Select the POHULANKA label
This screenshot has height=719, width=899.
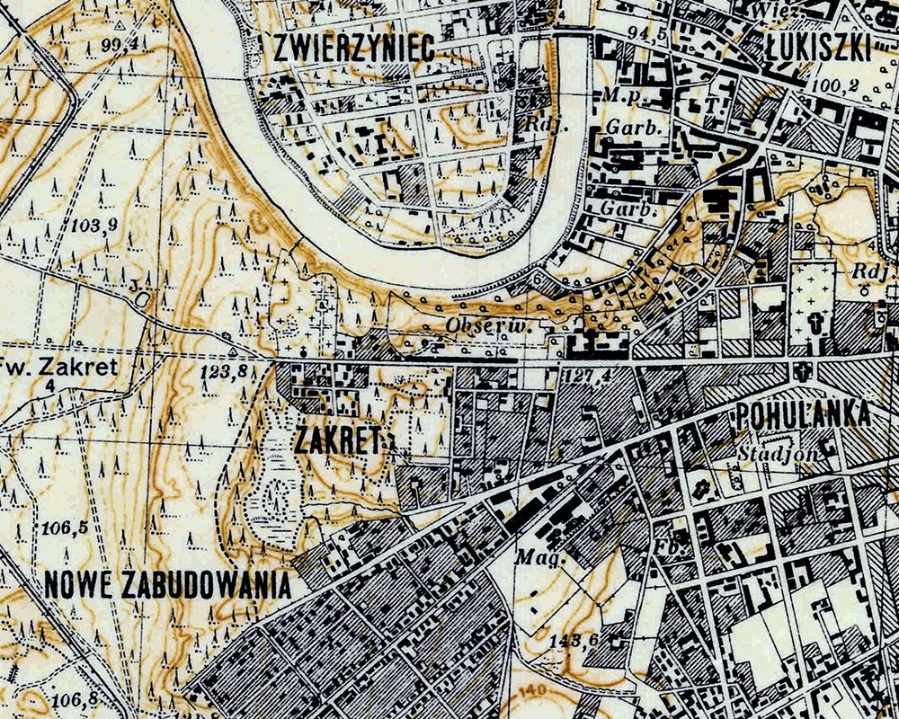[803, 415]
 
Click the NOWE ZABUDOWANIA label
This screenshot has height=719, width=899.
[168, 585]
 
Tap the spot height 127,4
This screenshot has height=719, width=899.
[590, 373]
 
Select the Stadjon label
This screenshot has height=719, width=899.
[778, 454]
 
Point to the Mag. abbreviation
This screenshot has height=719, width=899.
[533, 556]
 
